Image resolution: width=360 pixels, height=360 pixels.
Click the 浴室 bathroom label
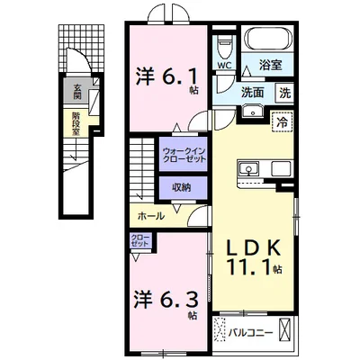tap(271, 66)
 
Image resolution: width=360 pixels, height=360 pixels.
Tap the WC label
tap(221, 66)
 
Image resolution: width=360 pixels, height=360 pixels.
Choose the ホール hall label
tap(151, 217)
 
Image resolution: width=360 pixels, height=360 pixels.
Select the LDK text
tap(251, 247)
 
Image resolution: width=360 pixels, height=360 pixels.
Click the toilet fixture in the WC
tap(223, 44)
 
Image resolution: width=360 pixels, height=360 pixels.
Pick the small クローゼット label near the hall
tap(140, 241)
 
